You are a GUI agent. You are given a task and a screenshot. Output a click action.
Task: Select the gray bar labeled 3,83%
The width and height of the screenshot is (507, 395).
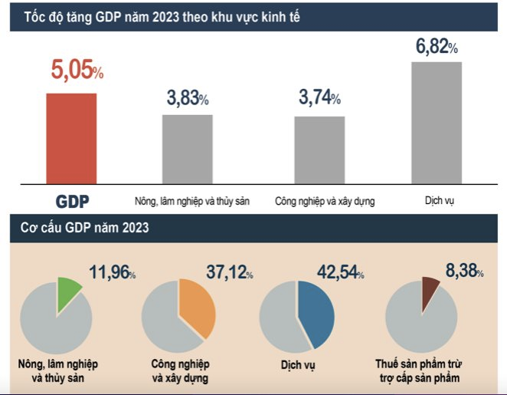(x=187, y=149)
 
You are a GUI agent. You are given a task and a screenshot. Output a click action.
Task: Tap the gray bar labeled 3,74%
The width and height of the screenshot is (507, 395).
(x=319, y=150)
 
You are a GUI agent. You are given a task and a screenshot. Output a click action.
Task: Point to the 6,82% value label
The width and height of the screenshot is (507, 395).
(x=437, y=46)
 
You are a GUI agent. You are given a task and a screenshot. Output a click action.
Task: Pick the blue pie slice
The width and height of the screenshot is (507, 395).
(x=316, y=311)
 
